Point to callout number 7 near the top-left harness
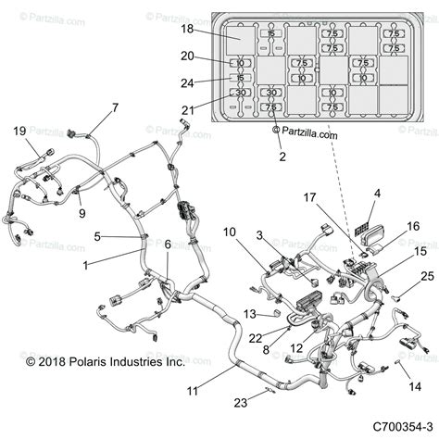tap(115, 108)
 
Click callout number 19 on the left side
tap(19, 132)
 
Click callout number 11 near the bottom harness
tap(192, 392)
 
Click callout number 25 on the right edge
tap(426, 276)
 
